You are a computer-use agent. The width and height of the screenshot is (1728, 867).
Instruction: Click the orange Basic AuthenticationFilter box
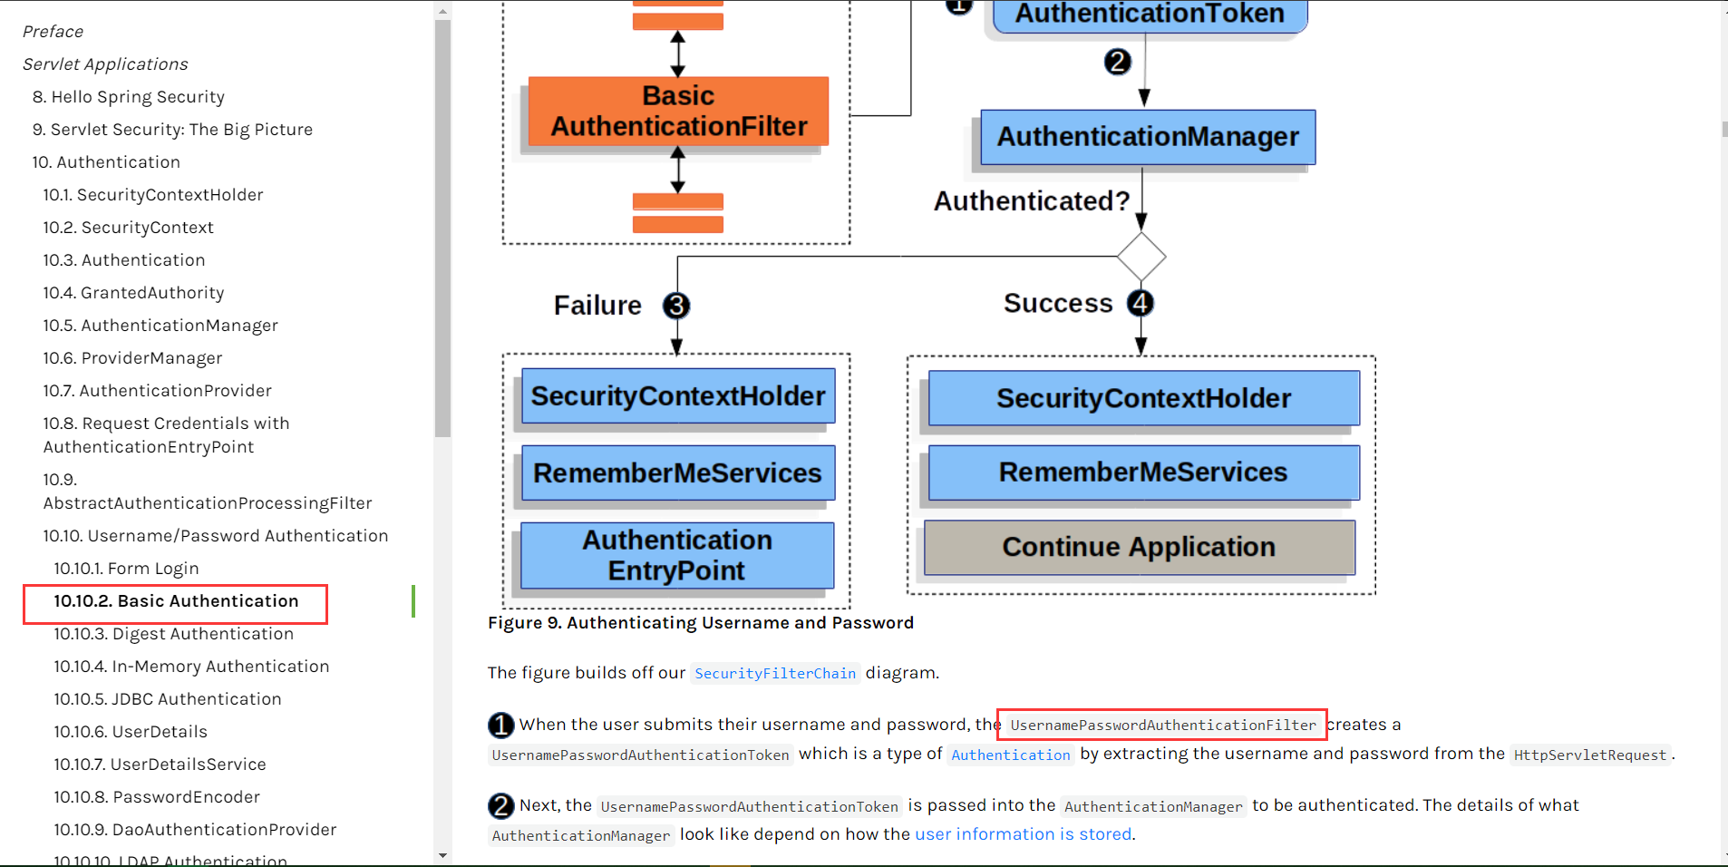[678, 112]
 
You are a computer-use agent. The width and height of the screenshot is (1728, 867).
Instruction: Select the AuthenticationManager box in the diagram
[1148, 137]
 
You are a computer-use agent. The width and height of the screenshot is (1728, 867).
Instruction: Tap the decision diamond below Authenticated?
[1141, 257]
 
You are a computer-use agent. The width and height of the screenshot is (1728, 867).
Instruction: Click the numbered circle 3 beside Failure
[676, 306]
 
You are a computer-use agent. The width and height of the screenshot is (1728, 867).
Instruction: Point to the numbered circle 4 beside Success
[1141, 303]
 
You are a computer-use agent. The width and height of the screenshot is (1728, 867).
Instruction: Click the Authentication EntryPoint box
[677, 555]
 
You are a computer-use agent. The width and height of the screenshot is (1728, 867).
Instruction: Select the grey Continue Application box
[1139, 547]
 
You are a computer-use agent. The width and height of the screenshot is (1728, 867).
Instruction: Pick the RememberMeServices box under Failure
[677, 472]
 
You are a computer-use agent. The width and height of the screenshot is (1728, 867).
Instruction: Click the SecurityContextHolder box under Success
[1143, 398]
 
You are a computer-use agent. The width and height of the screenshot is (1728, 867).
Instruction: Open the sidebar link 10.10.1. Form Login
[126, 569]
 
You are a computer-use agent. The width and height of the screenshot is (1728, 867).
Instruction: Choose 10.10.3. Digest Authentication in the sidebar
[173, 634]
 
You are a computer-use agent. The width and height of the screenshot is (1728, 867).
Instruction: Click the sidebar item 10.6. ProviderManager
[132, 358]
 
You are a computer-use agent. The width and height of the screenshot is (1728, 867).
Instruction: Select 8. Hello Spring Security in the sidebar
[129, 97]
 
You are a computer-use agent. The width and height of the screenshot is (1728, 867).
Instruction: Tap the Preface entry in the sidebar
[53, 32]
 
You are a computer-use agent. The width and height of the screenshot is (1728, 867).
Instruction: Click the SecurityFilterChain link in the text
[775, 673]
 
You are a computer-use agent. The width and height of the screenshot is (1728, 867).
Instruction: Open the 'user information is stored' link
[1023, 834]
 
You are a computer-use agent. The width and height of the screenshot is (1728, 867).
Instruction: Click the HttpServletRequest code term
[1589, 755]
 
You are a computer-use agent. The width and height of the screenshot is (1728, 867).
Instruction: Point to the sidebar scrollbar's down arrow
[442, 855]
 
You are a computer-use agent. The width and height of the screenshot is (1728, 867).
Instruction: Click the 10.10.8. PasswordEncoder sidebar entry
[157, 797]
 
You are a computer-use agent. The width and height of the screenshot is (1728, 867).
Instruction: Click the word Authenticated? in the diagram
[1032, 200]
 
